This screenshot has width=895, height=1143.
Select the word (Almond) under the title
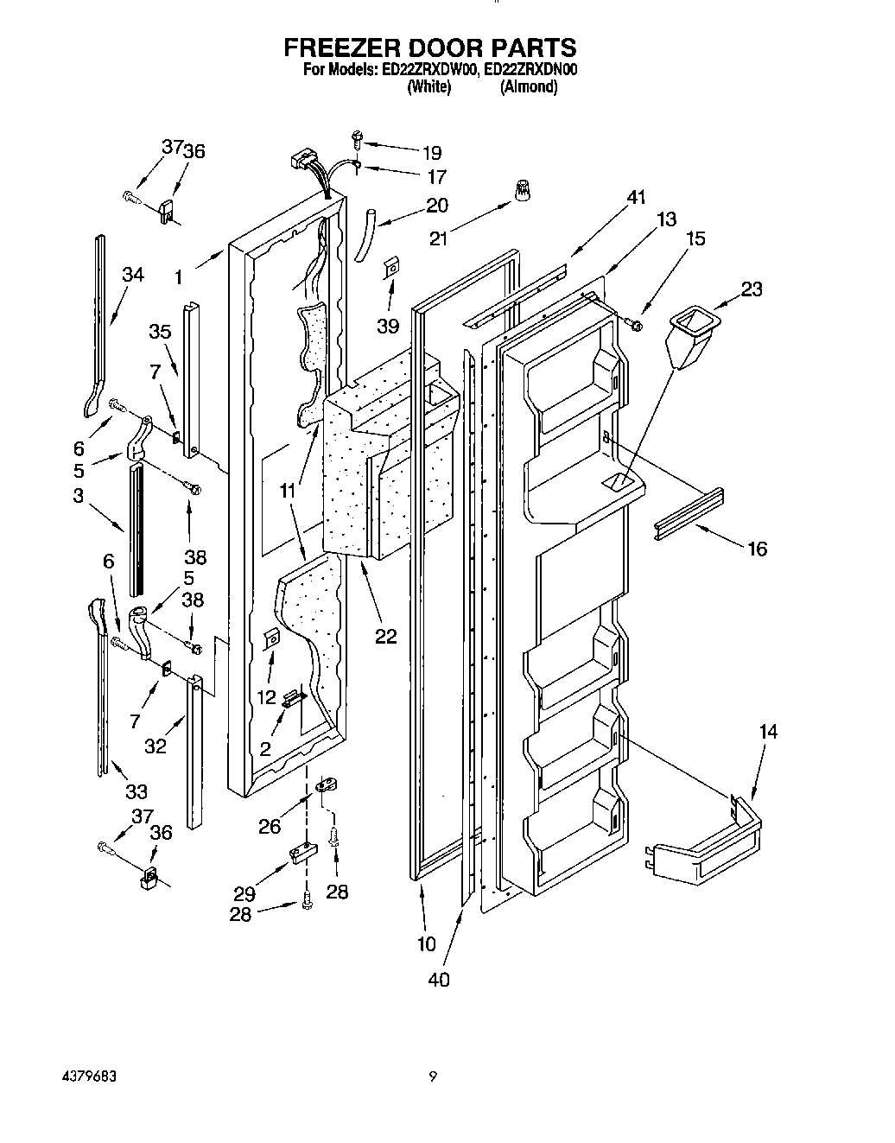[528, 86]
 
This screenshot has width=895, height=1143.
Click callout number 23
[751, 289]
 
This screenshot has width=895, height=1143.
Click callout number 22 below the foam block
[385, 636]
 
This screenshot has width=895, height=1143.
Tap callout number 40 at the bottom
[439, 979]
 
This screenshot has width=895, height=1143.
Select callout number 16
[757, 549]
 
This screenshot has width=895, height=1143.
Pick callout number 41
[636, 198]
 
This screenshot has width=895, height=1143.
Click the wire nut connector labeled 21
[522, 191]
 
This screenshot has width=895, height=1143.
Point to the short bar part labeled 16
[689, 514]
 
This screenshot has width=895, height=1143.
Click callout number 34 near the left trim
[133, 275]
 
